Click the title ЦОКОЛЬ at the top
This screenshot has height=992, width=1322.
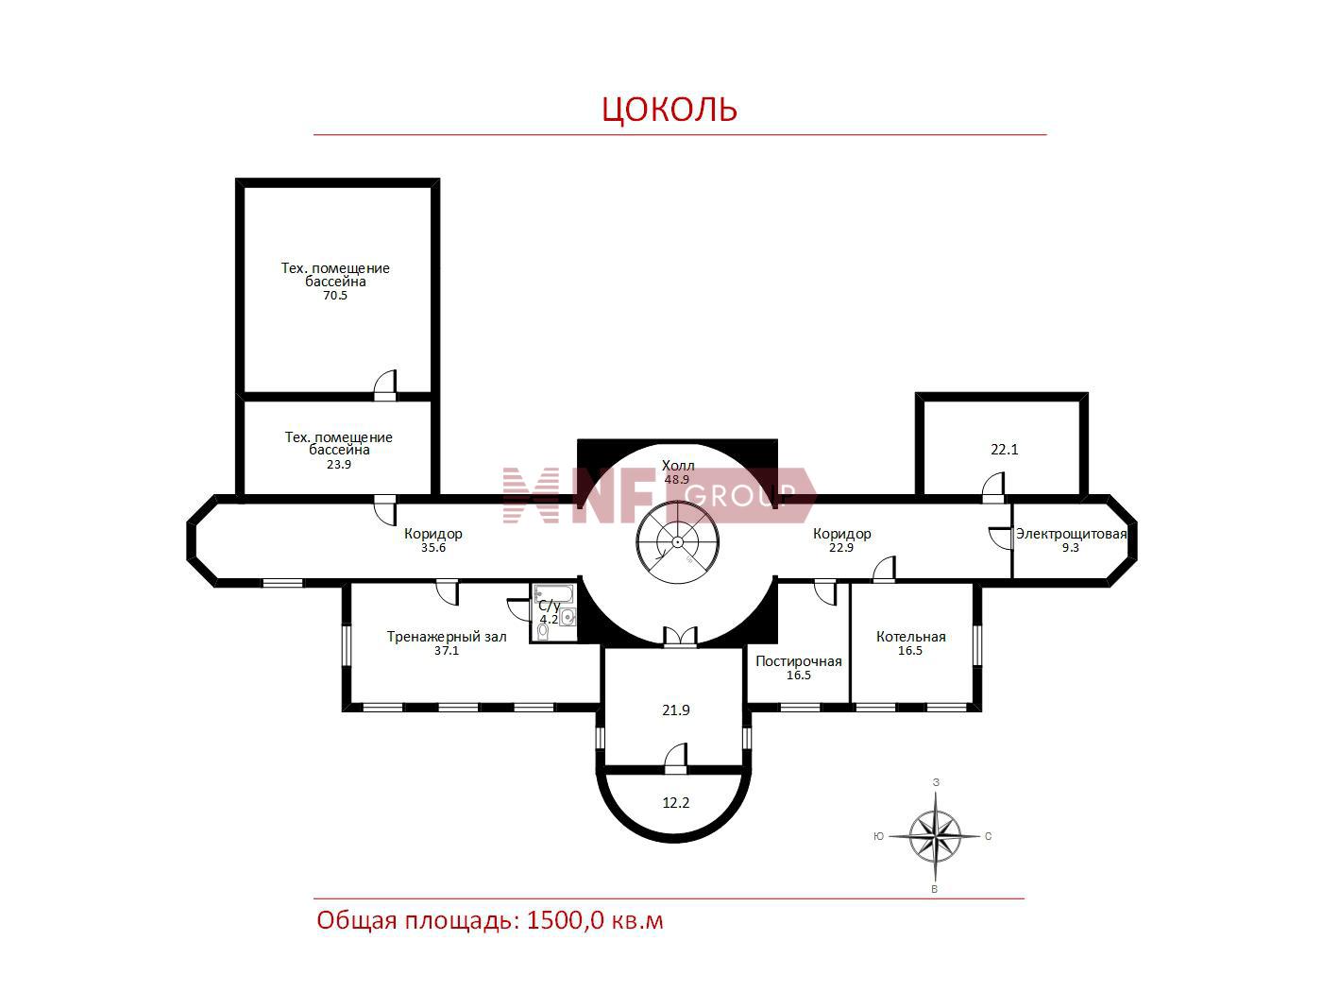tap(669, 109)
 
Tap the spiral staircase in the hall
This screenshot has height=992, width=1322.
tap(678, 541)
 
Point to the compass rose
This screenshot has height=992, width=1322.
tap(935, 836)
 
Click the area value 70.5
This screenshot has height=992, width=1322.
tap(335, 295)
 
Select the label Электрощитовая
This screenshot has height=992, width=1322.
tap(1071, 534)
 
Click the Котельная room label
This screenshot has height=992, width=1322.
tap(910, 636)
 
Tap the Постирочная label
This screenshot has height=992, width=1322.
tap(799, 660)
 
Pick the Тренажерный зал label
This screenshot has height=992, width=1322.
tap(447, 637)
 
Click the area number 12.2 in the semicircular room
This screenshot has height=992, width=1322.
tap(676, 803)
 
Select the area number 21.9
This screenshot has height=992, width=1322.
tap(676, 710)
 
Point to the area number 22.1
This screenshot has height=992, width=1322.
tap(1005, 450)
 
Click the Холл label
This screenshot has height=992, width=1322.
tap(678, 466)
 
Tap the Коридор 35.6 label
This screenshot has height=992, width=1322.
tap(433, 540)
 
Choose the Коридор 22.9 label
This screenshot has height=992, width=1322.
tap(842, 540)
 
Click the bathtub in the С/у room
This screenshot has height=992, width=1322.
tap(548, 593)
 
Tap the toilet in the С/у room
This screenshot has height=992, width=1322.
tap(543, 630)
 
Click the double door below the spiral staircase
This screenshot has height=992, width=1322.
tap(680, 638)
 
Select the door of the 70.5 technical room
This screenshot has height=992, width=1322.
tap(385, 385)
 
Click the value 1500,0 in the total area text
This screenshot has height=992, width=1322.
tap(565, 921)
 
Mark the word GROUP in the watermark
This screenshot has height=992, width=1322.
tap(740, 495)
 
